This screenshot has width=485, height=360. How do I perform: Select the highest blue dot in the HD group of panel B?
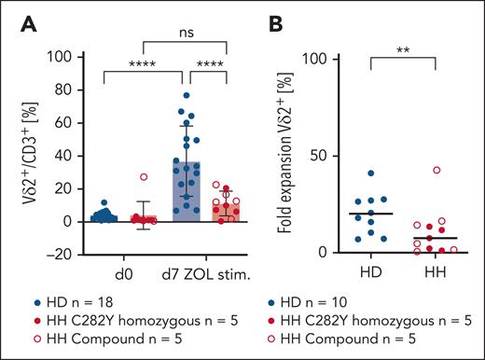click(344, 173)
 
